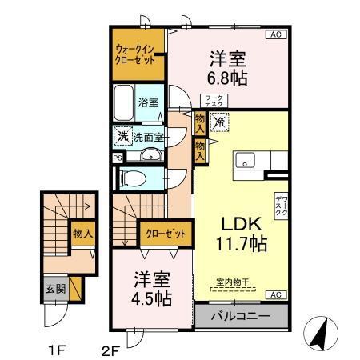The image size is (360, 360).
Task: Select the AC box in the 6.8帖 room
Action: pyautogui.click(x=274, y=35)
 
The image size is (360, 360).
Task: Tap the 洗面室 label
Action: pyautogui.click(x=147, y=136)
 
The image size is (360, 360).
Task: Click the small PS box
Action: pyautogui.click(x=118, y=158)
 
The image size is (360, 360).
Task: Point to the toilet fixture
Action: pyautogui.click(x=134, y=178)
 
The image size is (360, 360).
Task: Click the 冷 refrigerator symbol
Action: pyautogui.click(x=218, y=122)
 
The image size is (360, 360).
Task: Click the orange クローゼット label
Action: pyautogui.click(x=167, y=234)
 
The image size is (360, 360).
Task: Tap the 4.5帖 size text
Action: pyautogui.click(x=152, y=290)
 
